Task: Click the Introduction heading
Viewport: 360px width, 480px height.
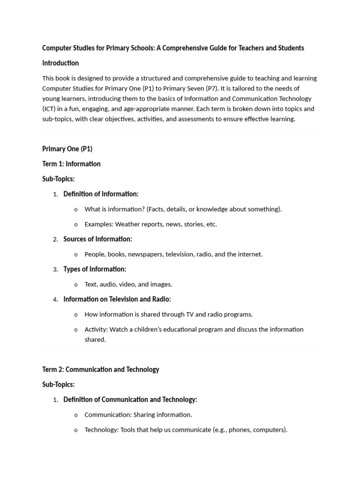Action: pos(60,63)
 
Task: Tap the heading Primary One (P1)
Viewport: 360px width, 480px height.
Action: pos(67,149)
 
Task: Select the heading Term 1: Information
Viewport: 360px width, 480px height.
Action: pos(71,164)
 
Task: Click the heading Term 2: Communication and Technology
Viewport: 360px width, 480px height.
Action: pos(101,369)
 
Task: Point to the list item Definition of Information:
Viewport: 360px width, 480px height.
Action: pos(101,194)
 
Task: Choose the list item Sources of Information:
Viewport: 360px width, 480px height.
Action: pos(97,239)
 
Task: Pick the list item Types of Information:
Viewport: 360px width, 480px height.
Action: pos(95,269)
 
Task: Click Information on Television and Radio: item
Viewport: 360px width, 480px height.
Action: pos(117,299)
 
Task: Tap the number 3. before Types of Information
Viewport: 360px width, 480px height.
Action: pos(55,270)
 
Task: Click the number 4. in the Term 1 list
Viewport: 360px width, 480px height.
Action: pos(55,300)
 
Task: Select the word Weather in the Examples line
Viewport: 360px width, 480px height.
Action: pos(128,224)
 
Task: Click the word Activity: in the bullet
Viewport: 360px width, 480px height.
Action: pos(96,329)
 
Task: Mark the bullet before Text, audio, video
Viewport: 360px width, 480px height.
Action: pos(76,285)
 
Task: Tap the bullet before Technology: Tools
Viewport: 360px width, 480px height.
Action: pos(76,430)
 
